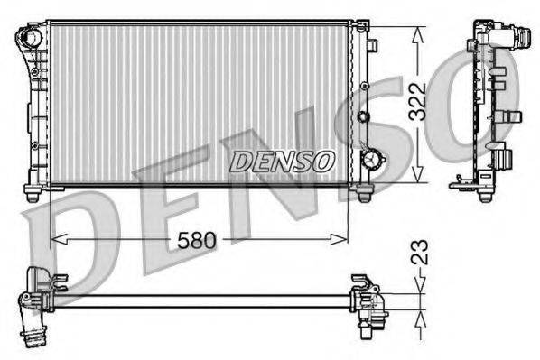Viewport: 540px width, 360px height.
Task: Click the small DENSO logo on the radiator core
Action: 281,162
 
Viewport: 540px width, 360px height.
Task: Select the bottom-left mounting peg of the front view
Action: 33,193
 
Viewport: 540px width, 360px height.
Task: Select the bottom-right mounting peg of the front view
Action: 364,193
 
